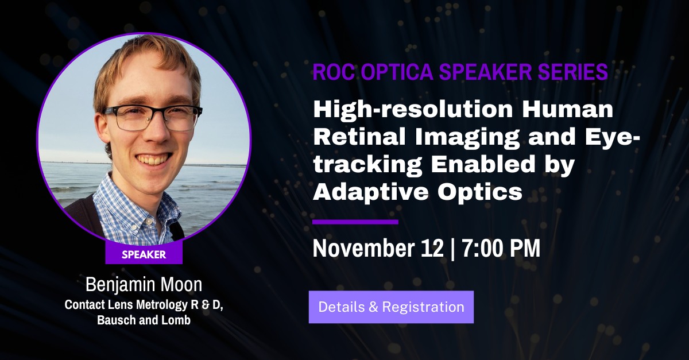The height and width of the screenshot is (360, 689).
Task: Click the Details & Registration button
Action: (391, 307)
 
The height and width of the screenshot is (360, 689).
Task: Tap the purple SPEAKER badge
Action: (144, 254)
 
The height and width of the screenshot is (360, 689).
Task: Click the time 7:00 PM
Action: (501, 248)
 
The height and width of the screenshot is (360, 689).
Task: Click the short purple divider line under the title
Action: (355, 222)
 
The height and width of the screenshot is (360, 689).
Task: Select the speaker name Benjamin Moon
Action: (144, 285)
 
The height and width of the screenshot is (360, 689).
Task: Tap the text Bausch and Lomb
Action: (144, 320)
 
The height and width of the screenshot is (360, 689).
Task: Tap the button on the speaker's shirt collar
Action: (149, 222)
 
